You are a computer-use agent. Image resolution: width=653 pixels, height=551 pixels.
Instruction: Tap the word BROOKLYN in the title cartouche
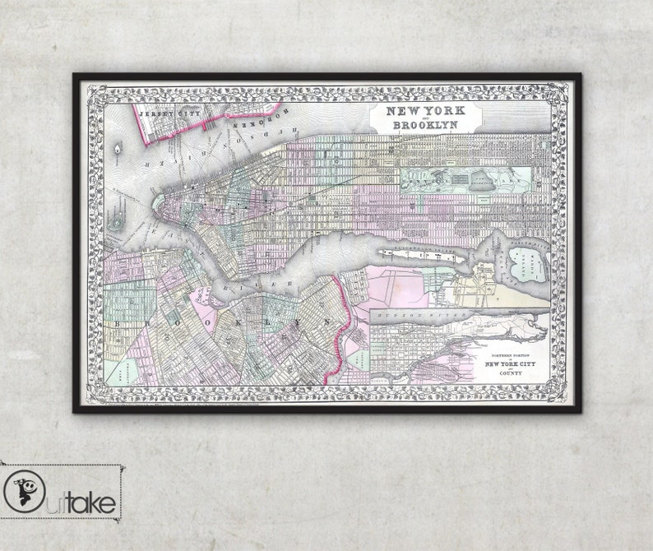[x=424, y=125]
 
